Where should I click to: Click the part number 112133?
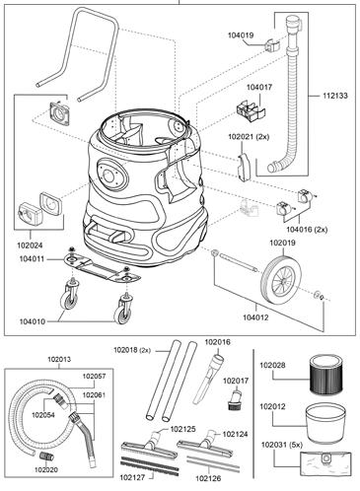pyautogui.click(x=334, y=96)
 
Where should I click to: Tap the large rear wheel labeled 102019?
pyautogui.click(x=280, y=280)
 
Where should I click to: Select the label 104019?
pyautogui.click(x=241, y=35)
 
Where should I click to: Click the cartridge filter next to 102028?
pyautogui.click(x=326, y=374)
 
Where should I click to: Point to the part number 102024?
pyautogui.click(x=30, y=245)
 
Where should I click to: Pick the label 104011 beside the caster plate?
pyautogui.click(x=32, y=259)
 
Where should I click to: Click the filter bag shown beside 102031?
pyautogui.click(x=325, y=463)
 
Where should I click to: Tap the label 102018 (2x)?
pyautogui.click(x=132, y=350)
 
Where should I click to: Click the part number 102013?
pyautogui.click(x=59, y=359)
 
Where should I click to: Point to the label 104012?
pyautogui.click(x=255, y=317)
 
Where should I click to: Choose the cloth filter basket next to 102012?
pyautogui.click(x=325, y=423)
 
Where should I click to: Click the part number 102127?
pyautogui.click(x=132, y=477)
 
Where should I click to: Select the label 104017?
pyautogui.click(x=259, y=88)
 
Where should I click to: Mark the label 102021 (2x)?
pyautogui.click(x=249, y=137)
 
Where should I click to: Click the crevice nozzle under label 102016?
pyautogui.click(x=208, y=378)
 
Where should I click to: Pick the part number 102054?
pyautogui.click(x=43, y=415)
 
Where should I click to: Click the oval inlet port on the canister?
pyautogui.click(x=111, y=175)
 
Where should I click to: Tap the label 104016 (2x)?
pyautogui.click(x=307, y=230)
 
